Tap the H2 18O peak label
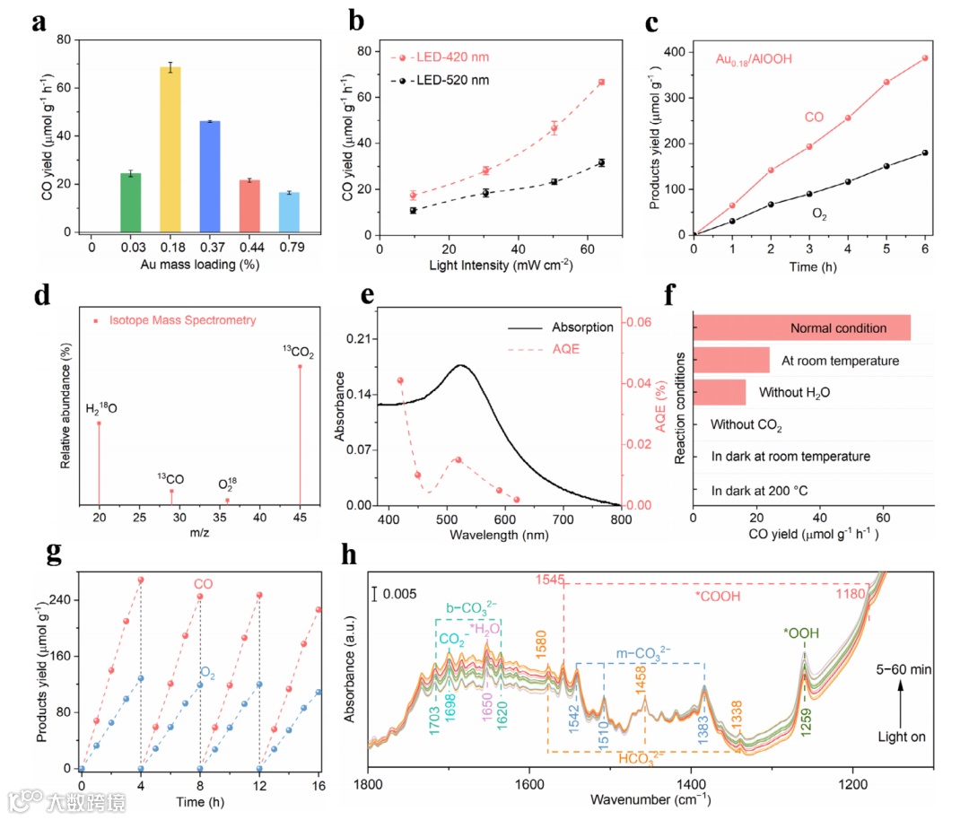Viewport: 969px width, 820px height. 100,408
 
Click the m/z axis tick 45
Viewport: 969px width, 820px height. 300,519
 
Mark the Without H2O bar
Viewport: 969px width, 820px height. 720,393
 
